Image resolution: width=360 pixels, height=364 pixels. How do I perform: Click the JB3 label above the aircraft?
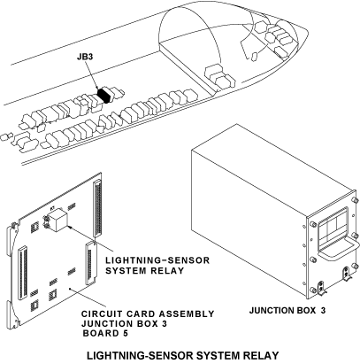[85, 57]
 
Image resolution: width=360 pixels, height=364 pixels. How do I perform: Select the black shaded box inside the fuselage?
[103, 95]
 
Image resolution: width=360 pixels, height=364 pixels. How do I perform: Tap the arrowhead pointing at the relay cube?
[70, 227]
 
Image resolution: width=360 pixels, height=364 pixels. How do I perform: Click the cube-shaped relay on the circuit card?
[57, 220]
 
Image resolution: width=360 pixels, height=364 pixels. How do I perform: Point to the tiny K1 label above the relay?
[52, 208]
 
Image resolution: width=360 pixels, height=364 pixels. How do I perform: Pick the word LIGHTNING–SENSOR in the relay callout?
[157, 260]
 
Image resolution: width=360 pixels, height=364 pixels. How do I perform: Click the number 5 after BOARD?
[126, 333]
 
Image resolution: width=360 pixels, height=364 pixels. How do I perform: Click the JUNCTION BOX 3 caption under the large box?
[287, 311]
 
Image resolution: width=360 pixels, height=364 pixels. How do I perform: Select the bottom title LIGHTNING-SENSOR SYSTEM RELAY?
[183, 355]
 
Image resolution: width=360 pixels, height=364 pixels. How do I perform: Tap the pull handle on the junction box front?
[339, 252]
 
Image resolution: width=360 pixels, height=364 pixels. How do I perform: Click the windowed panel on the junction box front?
[333, 228]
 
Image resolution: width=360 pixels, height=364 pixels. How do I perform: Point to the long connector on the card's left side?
[23, 274]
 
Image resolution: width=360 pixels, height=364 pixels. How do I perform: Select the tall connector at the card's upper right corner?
[97, 209]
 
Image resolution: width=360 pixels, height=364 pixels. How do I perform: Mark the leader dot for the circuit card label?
[70, 289]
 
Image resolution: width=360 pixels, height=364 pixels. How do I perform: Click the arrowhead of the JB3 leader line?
[98, 87]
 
